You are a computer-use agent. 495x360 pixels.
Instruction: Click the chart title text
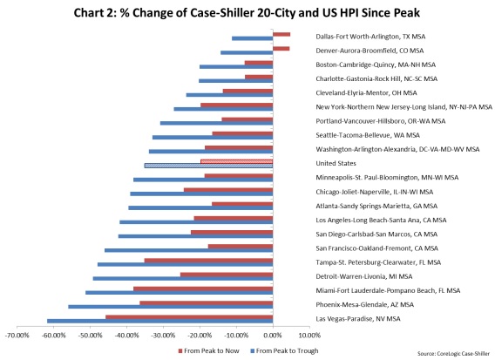(247, 12)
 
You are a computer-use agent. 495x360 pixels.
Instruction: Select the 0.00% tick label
(274, 335)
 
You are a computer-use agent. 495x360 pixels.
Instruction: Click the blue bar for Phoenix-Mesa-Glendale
(171, 307)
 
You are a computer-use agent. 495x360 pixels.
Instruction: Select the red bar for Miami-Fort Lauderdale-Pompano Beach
(203, 288)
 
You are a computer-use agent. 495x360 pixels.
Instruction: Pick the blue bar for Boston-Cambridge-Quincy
(236, 66)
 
